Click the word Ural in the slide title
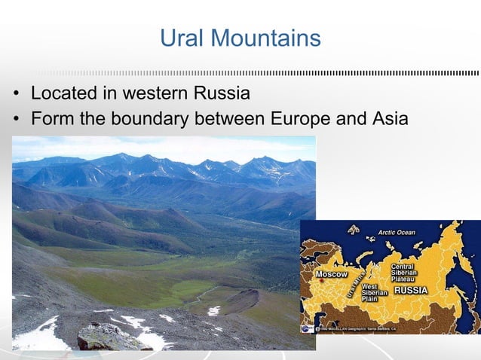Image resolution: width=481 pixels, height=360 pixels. [x=181, y=38]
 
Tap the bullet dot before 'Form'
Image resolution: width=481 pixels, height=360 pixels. [x=15, y=119]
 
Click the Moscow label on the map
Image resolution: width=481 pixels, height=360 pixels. [x=332, y=273]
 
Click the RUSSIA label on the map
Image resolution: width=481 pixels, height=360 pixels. [x=412, y=290]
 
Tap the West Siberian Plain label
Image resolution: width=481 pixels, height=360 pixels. [x=375, y=292]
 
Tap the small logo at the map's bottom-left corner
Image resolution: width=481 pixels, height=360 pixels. [x=305, y=329]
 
